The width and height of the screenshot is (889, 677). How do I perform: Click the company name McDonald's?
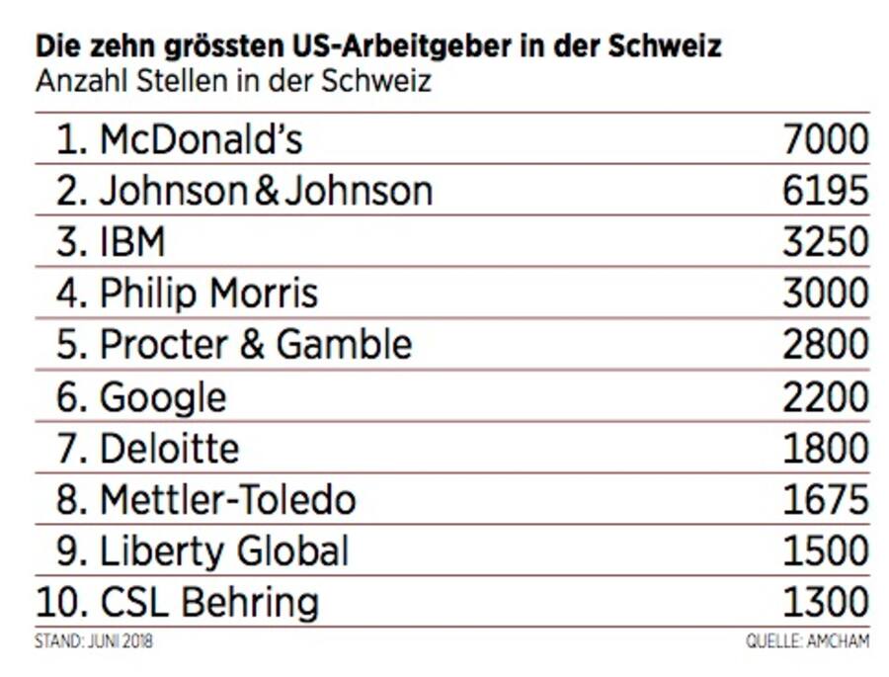coord(201,139)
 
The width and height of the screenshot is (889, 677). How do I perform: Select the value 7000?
coord(825,139)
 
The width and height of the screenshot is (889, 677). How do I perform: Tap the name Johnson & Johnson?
coord(266,191)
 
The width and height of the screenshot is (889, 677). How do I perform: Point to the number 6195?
coord(825,191)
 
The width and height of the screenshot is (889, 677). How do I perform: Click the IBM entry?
coord(132,242)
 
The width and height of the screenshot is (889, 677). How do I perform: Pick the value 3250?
coord(825,242)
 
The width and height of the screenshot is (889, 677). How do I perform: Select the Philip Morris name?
coord(208,294)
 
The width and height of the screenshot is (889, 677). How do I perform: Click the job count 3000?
coord(825,294)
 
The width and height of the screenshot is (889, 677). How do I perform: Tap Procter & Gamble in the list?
coord(256,345)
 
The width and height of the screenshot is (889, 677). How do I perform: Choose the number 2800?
coord(825,345)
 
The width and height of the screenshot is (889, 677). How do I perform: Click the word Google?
coord(163,397)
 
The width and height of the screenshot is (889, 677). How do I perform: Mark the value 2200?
coord(825,397)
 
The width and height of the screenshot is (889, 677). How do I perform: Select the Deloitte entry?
coord(169,449)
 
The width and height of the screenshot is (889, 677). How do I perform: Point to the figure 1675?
coord(825,500)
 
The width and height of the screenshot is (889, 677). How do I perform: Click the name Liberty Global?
coord(224,551)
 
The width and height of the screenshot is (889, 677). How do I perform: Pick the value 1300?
coord(825,602)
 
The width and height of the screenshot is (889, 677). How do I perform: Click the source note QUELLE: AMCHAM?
coord(807,641)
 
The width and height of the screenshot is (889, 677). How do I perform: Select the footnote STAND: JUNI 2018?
coord(94,641)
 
